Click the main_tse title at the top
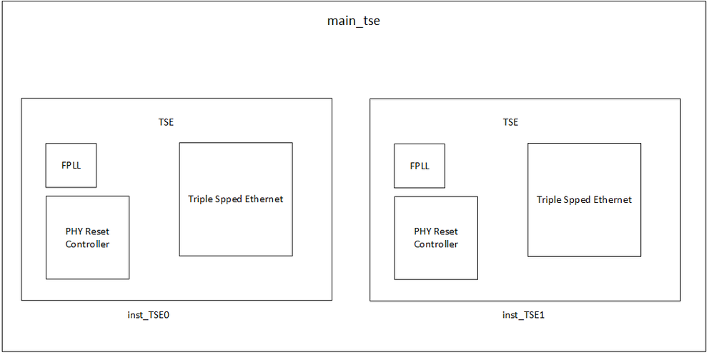pyautogui.click(x=353, y=21)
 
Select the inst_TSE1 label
pyautogui.click(x=523, y=315)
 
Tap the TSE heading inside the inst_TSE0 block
pyautogui.click(x=166, y=122)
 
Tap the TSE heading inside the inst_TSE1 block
pyautogui.click(x=510, y=122)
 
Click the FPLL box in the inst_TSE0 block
pyautogui.click(x=71, y=165)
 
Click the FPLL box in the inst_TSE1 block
pyautogui.click(x=420, y=165)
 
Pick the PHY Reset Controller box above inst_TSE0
pyautogui.click(x=87, y=237)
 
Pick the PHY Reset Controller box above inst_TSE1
pyautogui.click(x=436, y=237)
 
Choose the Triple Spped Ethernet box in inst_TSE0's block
pyautogui.click(x=236, y=199)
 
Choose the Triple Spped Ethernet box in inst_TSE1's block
pyautogui.click(x=584, y=199)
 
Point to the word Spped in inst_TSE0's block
pyautogui.click(x=229, y=199)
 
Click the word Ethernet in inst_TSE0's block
pyautogui.click(x=264, y=199)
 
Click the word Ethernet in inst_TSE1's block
pyautogui.click(x=613, y=200)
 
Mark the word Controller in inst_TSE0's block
pyautogui.click(x=87, y=244)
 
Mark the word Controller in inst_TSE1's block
pyautogui.click(x=436, y=244)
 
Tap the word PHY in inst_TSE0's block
pyautogui.click(x=74, y=231)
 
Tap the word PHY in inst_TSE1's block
pyautogui.click(x=422, y=231)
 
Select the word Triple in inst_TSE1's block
pyautogui.click(x=549, y=200)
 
